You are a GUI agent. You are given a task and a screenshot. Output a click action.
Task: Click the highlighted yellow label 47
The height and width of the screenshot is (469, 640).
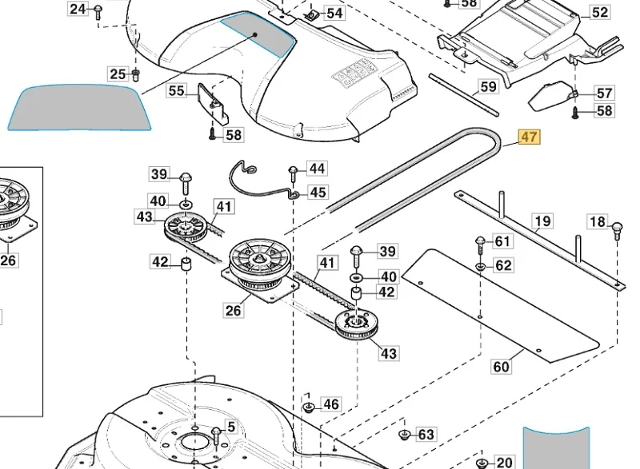(x=529, y=137)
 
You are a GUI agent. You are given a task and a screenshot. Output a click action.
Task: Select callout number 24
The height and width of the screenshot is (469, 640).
(x=78, y=9)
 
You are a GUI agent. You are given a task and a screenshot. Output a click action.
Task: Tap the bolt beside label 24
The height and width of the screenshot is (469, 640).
(x=98, y=13)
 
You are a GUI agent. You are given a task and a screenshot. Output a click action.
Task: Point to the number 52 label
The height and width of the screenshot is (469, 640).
(x=599, y=12)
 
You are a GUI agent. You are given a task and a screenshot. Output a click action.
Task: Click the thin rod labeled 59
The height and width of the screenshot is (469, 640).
(x=464, y=95)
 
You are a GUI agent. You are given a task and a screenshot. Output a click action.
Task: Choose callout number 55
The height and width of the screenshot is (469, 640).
(x=176, y=90)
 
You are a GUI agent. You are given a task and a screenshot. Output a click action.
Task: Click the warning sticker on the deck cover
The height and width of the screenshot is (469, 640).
(x=354, y=73)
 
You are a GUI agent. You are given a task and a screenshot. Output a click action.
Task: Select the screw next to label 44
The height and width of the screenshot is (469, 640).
(x=293, y=174)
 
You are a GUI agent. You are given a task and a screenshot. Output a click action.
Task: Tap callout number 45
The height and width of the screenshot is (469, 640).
(x=318, y=192)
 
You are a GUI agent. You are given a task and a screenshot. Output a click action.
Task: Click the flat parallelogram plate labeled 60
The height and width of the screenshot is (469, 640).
(x=501, y=305)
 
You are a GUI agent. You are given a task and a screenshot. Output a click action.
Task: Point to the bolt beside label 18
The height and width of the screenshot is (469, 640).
(x=617, y=230)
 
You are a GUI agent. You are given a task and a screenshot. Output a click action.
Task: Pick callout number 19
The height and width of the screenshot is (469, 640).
(x=542, y=221)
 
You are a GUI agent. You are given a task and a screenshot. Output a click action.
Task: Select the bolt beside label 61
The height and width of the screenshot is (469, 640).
(x=480, y=245)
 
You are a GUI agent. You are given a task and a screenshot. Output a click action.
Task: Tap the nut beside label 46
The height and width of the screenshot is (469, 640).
(x=309, y=406)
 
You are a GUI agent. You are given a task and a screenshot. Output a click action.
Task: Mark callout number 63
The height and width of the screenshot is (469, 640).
(x=426, y=435)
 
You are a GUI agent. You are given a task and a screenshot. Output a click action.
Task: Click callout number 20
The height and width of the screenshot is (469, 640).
(x=504, y=463)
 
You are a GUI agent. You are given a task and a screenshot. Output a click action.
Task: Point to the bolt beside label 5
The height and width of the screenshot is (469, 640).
(x=216, y=436)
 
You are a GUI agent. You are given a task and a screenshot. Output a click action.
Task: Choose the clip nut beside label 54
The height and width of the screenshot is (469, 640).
(x=312, y=15)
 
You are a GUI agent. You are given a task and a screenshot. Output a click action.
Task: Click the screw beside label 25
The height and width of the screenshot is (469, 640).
(x=136, y=74)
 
